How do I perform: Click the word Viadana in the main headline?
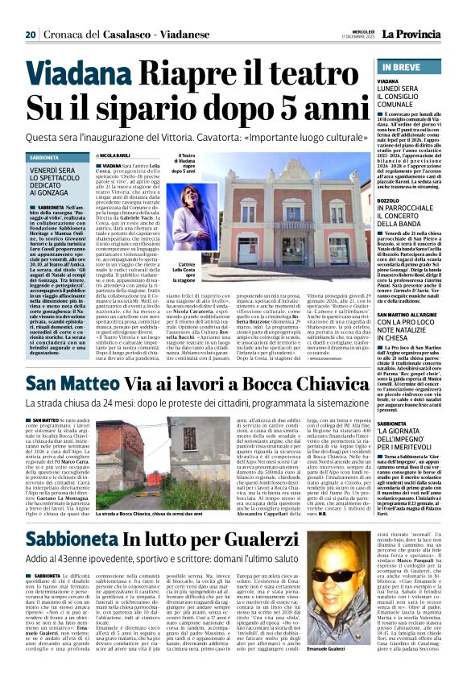point(85,76)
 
